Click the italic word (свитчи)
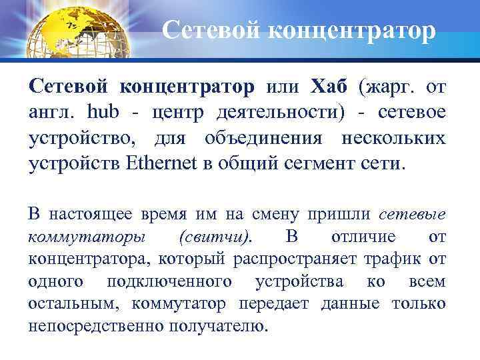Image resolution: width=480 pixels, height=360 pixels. [x=215, y=237]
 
